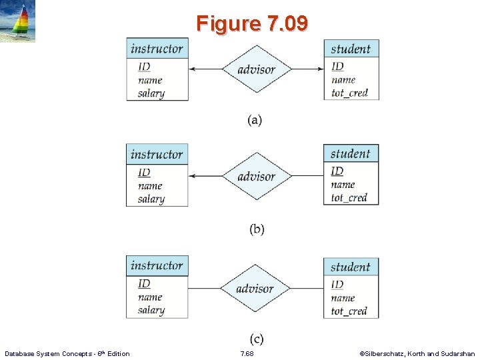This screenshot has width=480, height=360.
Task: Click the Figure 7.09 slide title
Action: click(252, 24)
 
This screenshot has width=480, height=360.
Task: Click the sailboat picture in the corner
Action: click(18, 21)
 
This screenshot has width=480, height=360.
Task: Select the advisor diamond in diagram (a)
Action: click(257, 69)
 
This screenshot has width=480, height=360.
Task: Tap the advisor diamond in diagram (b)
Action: click(257, 176)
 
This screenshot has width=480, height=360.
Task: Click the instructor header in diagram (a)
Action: click(157, 49)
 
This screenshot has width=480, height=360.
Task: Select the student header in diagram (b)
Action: click(351, 154)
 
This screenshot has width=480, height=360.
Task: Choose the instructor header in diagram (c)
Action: click(157, 266)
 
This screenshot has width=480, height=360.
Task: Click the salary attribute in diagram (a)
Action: click(151, 93)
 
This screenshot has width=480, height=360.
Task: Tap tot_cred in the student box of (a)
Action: click(349, 93)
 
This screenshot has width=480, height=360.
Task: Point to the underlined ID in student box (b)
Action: click(337, 171)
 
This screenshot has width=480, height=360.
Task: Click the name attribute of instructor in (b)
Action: click(150, 186)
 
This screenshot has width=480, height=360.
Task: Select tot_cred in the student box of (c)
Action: click(349, 311)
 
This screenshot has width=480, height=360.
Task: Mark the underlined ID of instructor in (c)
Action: click(144, 284)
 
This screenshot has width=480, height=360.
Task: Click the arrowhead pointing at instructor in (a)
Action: click(192, 69)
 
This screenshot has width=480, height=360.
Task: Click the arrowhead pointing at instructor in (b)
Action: click(192, 176)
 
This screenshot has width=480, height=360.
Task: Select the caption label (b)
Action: click(257, 229)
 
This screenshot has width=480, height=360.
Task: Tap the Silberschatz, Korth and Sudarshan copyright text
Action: click(417, 353)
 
